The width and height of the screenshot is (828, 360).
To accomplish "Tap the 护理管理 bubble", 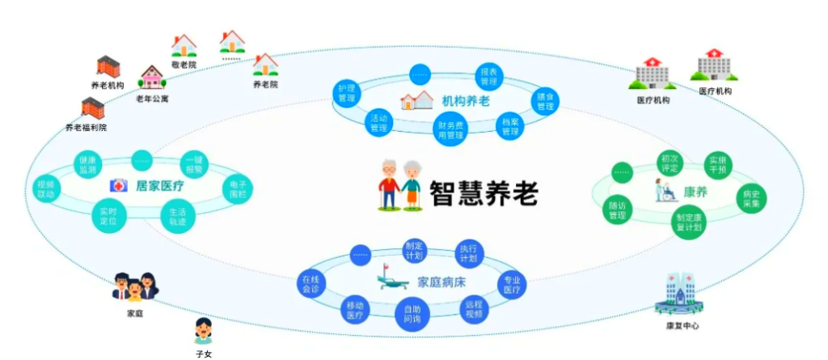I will pyautogui.click(x=347, y=92).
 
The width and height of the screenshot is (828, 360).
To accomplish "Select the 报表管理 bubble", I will pyautogui.click(x=489, y=78).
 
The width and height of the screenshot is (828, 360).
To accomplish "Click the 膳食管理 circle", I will pyautogui.click(x=546, y=101).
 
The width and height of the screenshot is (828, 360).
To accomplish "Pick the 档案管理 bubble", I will pyautogui.click(x=510, y=127).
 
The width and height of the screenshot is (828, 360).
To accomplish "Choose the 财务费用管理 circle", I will pyautogui.click(x=450, y=130).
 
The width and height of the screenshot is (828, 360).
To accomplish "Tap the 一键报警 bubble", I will pyautogui.click(x=194, y=163).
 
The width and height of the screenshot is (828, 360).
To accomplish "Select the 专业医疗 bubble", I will pyautogui.click(x=512, y=284).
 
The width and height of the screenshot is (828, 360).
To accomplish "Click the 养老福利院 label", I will pyautogui.click(x=86, y=128).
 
